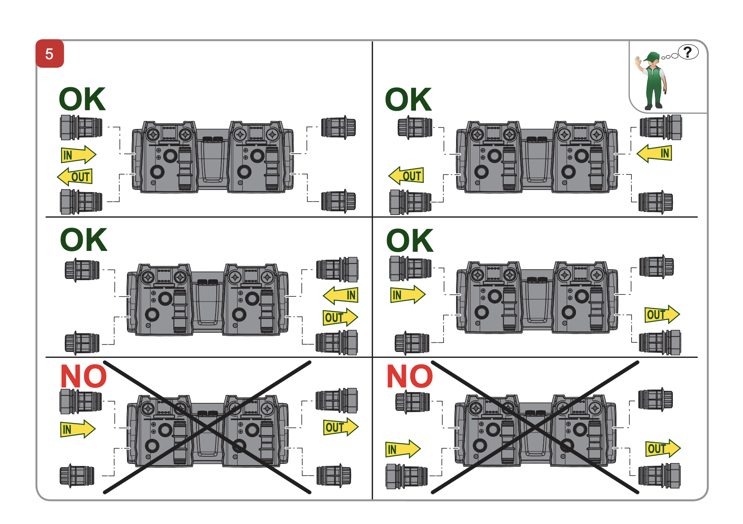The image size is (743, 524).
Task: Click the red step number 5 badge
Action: [50, 54]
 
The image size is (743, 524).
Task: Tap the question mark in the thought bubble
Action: [688, 52]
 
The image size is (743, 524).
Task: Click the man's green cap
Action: [652, 56]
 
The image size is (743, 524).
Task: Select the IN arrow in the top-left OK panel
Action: [78, 155]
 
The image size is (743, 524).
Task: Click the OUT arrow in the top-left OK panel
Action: [75, 177]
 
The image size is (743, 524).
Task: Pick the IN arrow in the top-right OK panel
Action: [654, 153]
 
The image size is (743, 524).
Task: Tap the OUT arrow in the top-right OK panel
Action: [406, 176]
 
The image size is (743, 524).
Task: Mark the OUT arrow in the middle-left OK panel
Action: [340, 317]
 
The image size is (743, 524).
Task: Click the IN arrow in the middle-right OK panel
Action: [407, 295]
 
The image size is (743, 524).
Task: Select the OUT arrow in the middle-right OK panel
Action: [662, 314]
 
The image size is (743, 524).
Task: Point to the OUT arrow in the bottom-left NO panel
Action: [340, 427]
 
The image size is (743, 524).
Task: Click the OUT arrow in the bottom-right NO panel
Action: [662, 448]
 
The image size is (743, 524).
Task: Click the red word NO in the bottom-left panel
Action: [84, 377]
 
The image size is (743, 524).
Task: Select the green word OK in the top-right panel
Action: [408, 100]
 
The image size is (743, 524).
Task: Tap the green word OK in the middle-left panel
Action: [84, 240]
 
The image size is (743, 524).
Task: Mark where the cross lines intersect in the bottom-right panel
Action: [535, 427]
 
